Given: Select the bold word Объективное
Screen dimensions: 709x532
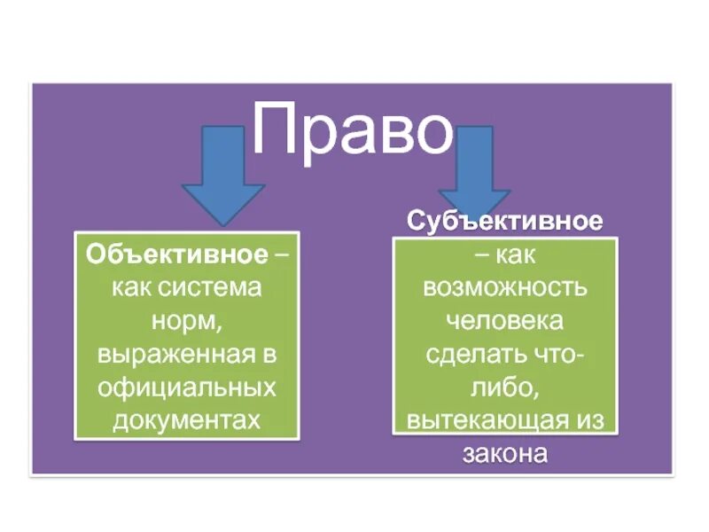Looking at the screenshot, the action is [177, 255].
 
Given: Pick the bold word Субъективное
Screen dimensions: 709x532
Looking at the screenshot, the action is [505, 220].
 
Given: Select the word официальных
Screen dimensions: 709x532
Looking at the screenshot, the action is [187, 387].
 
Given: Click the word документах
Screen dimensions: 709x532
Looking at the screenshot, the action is [187, 419].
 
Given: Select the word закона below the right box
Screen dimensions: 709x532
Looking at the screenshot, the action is [505, 453].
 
